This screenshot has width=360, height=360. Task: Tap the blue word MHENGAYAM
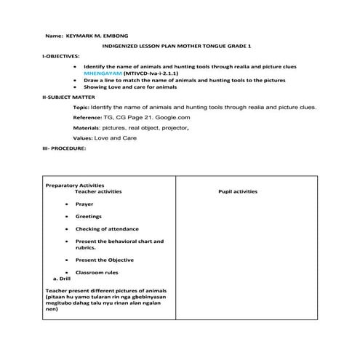(103, 73)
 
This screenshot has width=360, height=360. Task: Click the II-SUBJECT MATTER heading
(69, 96)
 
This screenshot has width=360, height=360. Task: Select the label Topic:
(81, 106)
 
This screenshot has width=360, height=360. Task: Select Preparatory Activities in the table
(76, 185)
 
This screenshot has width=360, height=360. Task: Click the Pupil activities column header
(238, 191)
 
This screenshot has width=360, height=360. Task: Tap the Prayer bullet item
(84, 204)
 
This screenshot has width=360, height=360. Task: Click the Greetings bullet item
(89, 216)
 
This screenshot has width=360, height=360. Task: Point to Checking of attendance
(103, 229)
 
